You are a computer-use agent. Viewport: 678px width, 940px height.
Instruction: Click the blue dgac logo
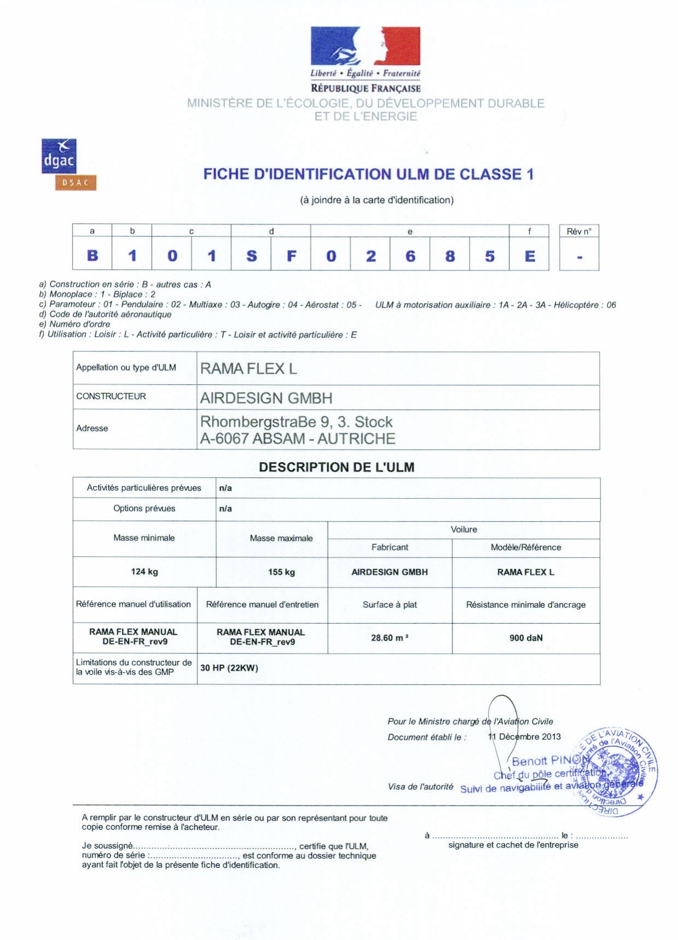pos(59,157)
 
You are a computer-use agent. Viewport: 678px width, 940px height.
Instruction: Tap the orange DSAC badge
pos(76,183)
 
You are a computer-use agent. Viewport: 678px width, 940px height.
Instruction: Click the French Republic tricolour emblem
pos(366,46)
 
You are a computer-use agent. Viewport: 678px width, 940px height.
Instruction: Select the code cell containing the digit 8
pos(450,256)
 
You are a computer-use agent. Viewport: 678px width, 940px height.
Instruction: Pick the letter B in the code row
pos(92,256)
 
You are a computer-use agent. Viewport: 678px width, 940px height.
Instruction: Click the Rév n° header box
pos(579,231)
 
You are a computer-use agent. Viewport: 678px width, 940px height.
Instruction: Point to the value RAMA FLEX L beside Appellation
pos(248,369)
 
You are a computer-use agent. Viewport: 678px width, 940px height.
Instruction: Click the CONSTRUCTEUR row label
pos(111,396)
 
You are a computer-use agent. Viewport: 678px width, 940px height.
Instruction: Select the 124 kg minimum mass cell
pos(144,572)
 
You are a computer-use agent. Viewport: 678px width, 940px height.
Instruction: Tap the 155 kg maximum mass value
pos(281,572)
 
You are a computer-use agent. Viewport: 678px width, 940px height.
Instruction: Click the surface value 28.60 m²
pos(390,638)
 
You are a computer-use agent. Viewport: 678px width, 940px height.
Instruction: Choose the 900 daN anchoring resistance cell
pos(526,638)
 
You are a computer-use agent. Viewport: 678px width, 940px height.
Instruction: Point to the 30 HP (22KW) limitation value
pos(229,668)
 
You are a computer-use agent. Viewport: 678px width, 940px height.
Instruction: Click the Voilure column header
pos(463,529)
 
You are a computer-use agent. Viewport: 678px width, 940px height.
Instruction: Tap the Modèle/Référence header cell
pos(526,547)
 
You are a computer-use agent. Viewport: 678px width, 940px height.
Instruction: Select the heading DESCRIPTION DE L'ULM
pos(337,468)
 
